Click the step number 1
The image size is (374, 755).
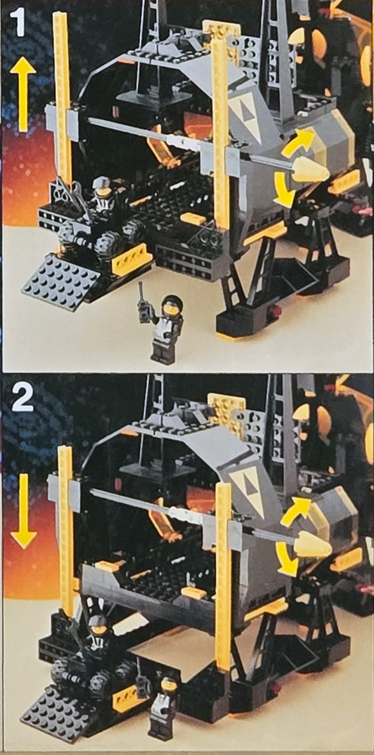[x=18, y=23]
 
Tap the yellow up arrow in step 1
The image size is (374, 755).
[x=23, y=93]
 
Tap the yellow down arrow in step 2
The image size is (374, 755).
[x=23, y=510]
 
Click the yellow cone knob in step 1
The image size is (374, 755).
[x=310, y=170]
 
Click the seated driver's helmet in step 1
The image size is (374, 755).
[x=103, y=187]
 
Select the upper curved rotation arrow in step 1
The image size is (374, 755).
[x=297, y=142]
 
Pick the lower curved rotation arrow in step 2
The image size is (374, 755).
[x=286, y=559]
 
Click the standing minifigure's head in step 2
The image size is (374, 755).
[x=169, y=684]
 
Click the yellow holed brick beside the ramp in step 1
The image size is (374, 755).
[x=128, y=259]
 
